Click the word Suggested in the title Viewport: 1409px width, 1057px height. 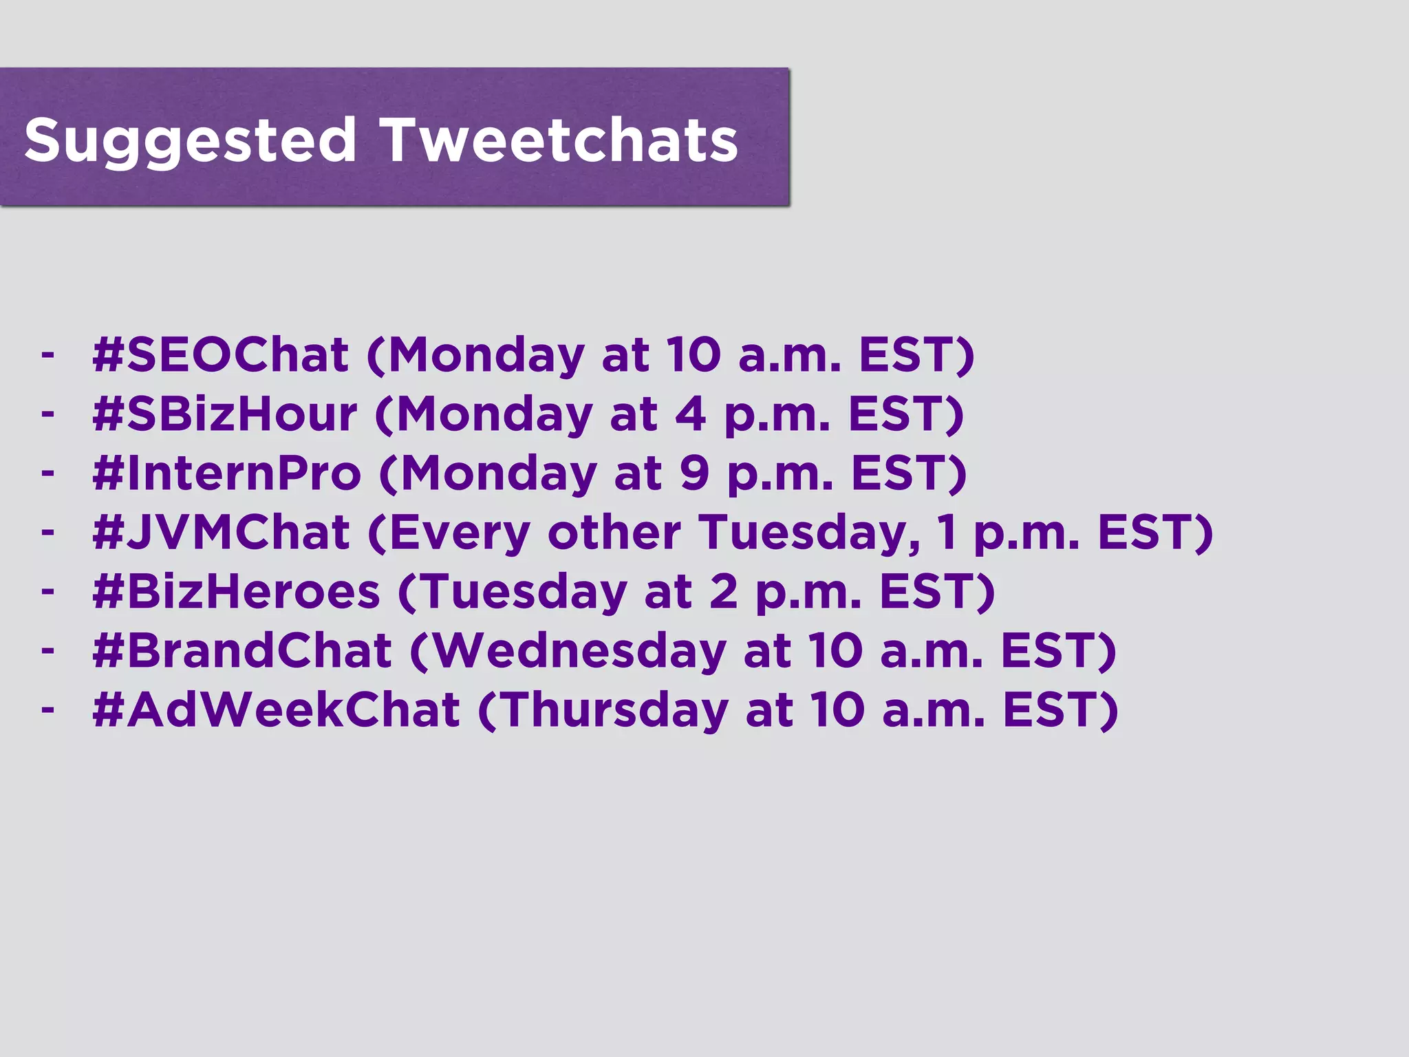point(190,141)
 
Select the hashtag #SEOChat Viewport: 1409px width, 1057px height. point(220,355)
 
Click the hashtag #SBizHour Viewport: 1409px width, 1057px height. point(225,414)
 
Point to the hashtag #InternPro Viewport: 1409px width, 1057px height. point(226,473)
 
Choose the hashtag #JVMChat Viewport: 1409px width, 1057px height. point(221,533)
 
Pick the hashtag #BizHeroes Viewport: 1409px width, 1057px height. point(236,592)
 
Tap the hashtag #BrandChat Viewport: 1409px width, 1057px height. point(242,651)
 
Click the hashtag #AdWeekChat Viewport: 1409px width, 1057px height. point(276,710)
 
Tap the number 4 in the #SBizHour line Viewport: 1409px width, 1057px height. point(690,414)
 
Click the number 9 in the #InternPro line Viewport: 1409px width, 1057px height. point(694,473)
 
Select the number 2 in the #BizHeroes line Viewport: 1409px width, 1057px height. point(723,592)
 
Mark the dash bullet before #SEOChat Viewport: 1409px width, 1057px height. point(47,355)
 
